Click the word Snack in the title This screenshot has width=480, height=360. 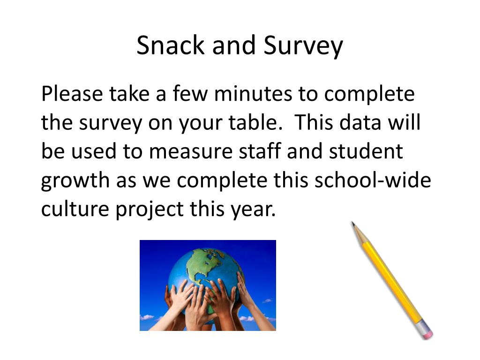point(171,45)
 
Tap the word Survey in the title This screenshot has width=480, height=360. point(303,46)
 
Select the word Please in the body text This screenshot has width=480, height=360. point(72,93)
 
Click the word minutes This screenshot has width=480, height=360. point(253,93)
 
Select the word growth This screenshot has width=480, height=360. point(75,180)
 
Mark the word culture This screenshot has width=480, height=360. point(75,209)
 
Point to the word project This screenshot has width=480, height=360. point(150,210)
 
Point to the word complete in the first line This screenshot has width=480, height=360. point(369,94)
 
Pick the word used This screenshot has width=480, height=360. point(94,151)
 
